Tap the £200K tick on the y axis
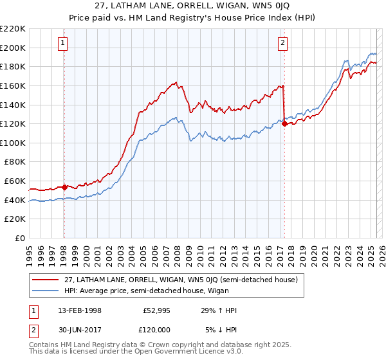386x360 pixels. (13, 48)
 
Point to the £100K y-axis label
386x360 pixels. (13, 143)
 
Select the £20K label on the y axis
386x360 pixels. (15, 219)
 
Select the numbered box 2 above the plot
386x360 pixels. (283, 43)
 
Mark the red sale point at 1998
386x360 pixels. (64, 187)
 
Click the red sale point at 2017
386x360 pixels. (284, 124)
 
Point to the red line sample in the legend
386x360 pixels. (45, 280)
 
